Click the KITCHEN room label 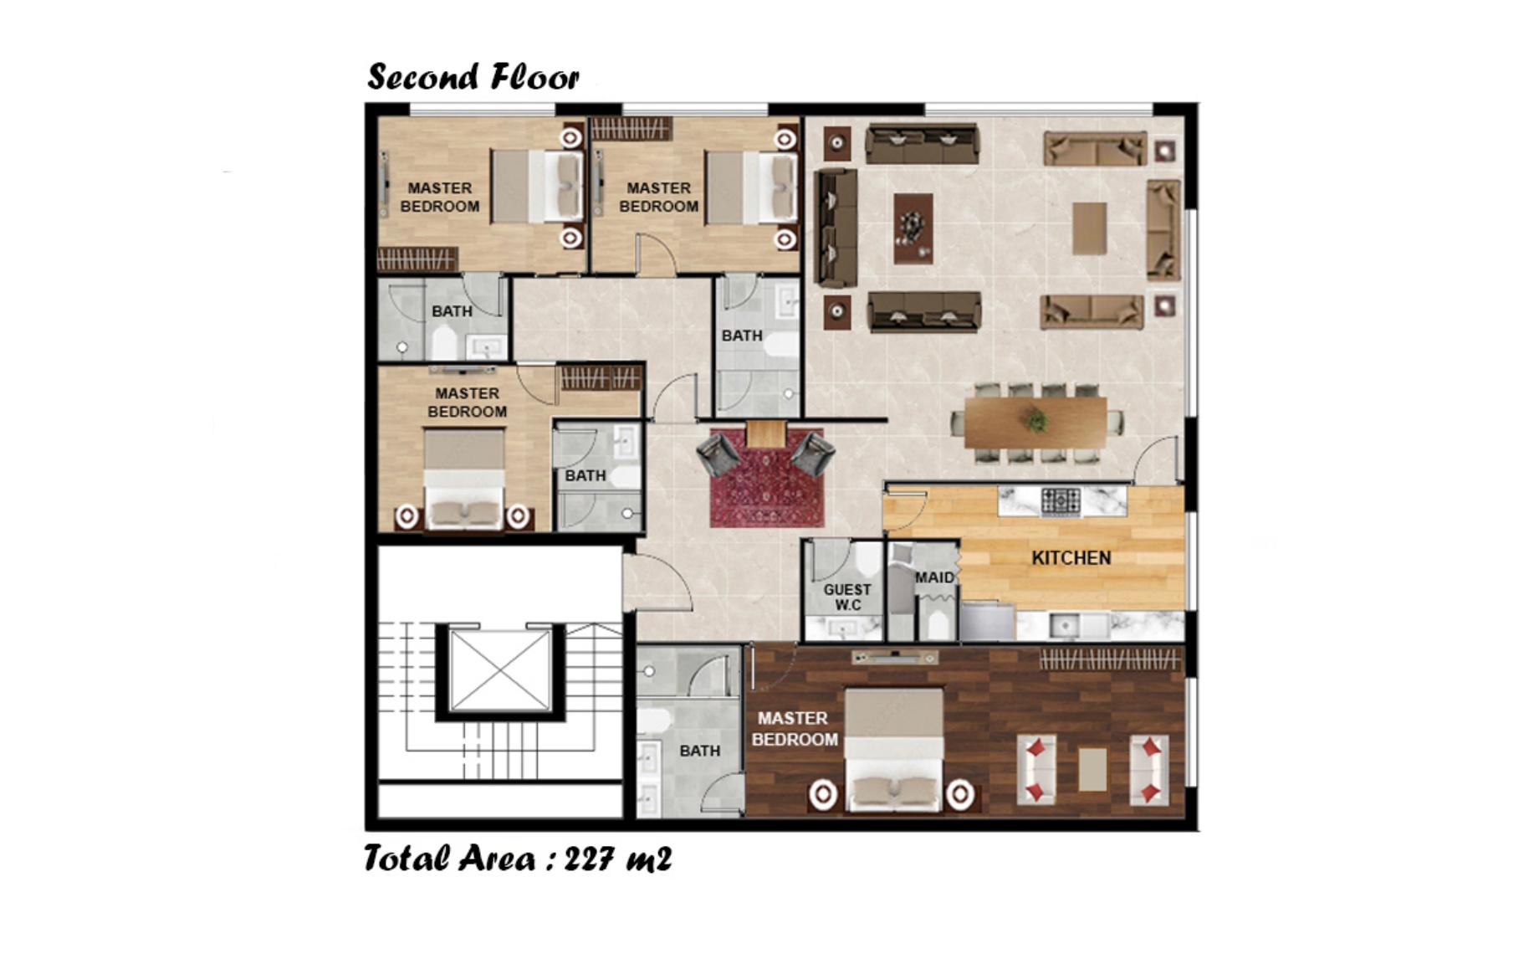1071,558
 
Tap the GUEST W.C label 847,597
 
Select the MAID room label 934,577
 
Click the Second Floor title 473,77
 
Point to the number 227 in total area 591,859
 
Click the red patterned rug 766,479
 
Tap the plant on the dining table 1035,420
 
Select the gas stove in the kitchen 1061,501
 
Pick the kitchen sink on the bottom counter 1065,624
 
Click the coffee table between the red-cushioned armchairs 1092,769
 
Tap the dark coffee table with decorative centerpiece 913,228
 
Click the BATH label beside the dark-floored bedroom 699,751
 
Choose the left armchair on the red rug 718,454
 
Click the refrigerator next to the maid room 987,621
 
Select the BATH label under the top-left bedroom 452,311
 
